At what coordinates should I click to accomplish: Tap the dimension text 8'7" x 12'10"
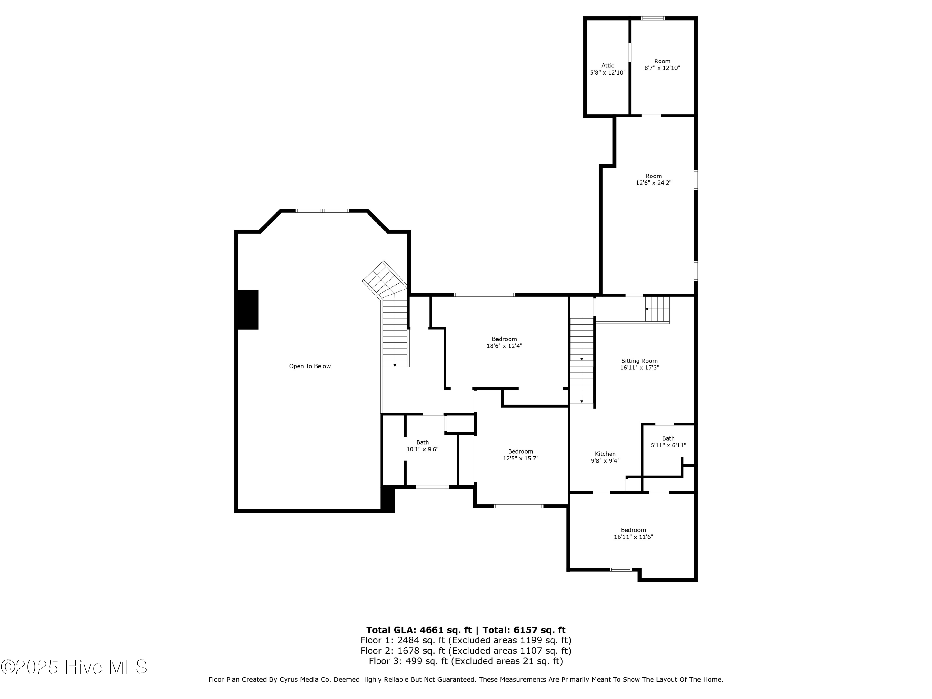[662, 68]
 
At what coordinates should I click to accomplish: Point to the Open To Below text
[310, 366]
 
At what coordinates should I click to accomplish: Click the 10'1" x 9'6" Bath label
[422, 446]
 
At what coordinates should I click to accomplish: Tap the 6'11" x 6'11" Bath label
[668, 441]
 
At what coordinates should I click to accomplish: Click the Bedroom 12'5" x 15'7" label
[520, 455]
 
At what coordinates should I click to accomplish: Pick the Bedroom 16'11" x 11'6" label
[633, 533]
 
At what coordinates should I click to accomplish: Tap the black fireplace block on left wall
[248, 309]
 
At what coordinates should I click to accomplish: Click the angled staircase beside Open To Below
[385, 280]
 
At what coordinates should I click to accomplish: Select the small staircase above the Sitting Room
[657, 309]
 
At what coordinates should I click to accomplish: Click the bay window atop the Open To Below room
[322, 211]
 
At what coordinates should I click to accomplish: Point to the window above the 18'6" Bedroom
[484, 295]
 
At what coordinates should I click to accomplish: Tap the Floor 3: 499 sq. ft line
[466, 661]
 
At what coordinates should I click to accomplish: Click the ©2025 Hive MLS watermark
[74, 667]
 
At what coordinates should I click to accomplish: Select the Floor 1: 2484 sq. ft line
[466, 640]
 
